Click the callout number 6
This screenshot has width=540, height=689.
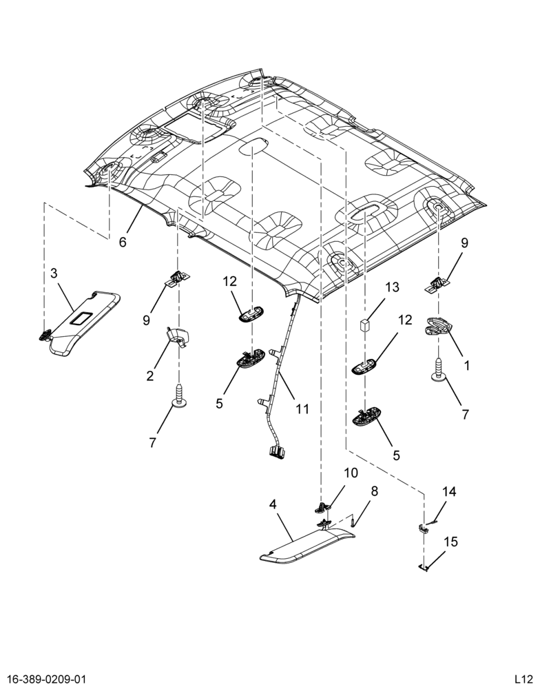pos(123,241)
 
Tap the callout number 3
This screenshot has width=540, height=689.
pos(54,274)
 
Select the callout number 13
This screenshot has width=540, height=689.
pos(393,287)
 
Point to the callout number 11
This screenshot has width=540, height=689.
pos(302,409)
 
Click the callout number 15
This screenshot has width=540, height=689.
pos(451,542)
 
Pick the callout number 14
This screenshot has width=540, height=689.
pos(449,492)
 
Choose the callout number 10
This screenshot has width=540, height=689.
pos(351,473)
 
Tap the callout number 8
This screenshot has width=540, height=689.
pos(375,491)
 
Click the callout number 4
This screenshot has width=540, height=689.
pos(273,505)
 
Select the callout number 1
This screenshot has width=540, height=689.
pos(467,365)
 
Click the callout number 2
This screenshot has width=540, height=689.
pos(150,376)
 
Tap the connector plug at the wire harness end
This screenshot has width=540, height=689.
pos(276,452)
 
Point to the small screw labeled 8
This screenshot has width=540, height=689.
pos(353,523)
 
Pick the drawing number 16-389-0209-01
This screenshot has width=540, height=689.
pos(43,679)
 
